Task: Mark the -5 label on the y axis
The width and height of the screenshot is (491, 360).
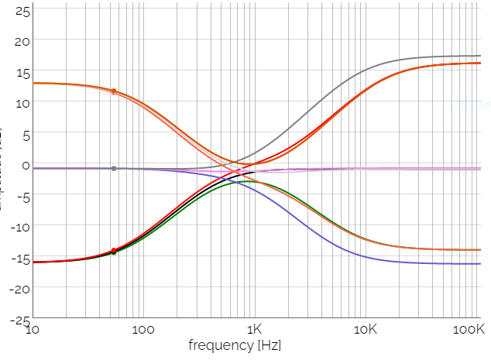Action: click(x=24, y=196)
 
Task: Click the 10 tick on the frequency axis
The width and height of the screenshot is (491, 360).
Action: click(x=33, y=330)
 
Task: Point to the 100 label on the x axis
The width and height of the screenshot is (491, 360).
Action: click(x=143, y=330)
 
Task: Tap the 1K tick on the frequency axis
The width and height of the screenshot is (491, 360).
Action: click(x=255, y=330)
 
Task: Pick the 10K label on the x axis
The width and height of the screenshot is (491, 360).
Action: click(x=366, y=330)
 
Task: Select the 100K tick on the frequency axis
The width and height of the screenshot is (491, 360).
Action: click(x=470, y=330)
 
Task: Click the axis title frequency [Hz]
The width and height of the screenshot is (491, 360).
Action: click(x=235, y=345)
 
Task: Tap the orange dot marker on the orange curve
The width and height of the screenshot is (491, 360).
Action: click(x=114, y=91)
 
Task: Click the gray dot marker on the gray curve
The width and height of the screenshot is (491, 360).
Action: click(x=114, y=168)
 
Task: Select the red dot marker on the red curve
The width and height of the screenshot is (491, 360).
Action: click(x=114, y=250)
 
